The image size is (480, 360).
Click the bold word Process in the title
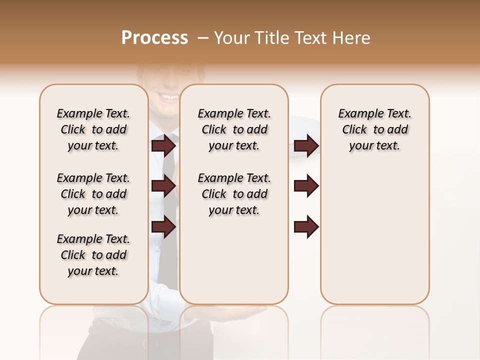pyautogui.click(x=154, y=38)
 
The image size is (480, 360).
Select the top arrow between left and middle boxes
pyautogui.click(x=163, y=146)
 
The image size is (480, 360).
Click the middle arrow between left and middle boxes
pyautogui.click(x=163, y=186)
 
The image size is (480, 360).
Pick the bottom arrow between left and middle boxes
pyautogui.click(x=163, y=226)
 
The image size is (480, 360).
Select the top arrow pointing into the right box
pyautogui.click(x=306, y=146)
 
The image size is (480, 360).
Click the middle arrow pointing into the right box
pyautogui.click(x=306, y=186)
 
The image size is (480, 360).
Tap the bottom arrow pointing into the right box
pyautogui.click(x=306, y=226)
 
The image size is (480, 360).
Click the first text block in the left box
pyautogui.click(x=93, y=129)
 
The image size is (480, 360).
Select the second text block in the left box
pyautogui.click(x=93, y=194)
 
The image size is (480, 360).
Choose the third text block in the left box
pyautogui.click(x=93, y=255)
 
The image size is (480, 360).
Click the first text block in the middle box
pyautogui.click(x=234, y=129)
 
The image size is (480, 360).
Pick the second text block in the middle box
pyautogui.click(x=234, y=194)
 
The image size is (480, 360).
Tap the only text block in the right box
pyautogui.click(x=375, y=129)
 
